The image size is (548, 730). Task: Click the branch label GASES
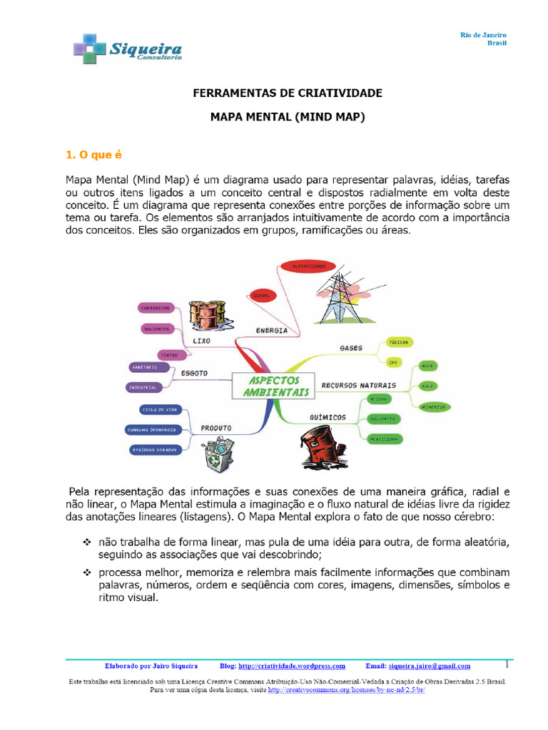pyautogui.click(x=351, y=349)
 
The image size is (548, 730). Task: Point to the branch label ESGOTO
pyautogui.click(x=194, y=371)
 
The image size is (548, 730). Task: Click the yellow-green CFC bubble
pyautogui.click(x=393, y=363)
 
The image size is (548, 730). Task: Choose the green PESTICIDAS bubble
pyautogui.click(x=382, y=438)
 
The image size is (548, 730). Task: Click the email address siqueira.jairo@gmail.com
pyautogui.click(x=429, y=666)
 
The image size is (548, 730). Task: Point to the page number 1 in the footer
pyautogui.click(x=507, y=664)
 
